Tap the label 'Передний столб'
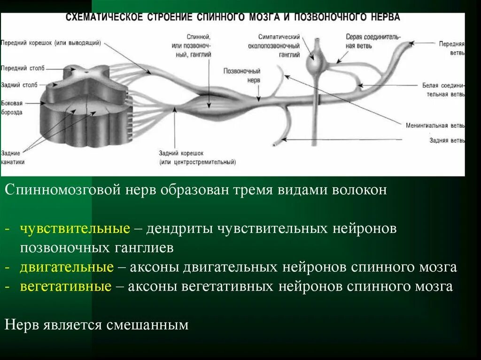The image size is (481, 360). pyautogui.click(x=23, y=68)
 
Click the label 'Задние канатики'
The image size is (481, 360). pyautogui.click(x=13, y=157)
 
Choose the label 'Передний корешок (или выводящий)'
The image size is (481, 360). pyautogui.click(x=51, y=43)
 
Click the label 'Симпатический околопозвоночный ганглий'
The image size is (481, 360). pyautogui.click(x=279, y=46)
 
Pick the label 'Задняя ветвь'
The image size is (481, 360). pyautogui.click(x=447, y=140)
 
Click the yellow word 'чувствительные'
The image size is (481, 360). pyautogui.click(x=75, y=229)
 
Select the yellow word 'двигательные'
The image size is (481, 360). pyautogui.click(x=67, y=267)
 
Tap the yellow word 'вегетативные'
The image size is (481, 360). pyautogui.click(x=66, y=286)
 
